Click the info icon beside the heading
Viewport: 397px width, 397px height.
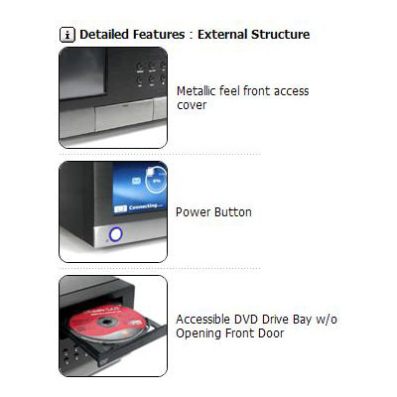click(x=67, y=35)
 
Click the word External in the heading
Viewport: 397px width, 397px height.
click(x=222, y=35)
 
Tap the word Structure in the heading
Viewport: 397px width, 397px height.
click(x=280, y=35)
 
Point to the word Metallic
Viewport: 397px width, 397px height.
click(x=196, y=91)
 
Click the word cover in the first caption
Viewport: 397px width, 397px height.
click(x=192, y=105)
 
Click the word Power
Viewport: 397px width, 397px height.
click(x=194, y=212)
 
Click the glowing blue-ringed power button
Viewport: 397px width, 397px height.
click(x=115, y=234)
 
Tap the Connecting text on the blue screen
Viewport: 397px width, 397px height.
click(x=143, y=206)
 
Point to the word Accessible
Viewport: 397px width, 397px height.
click(x=203, y=320)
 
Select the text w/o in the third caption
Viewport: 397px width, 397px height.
click(x=327, y=320)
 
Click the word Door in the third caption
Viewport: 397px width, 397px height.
click(x=271, y=333)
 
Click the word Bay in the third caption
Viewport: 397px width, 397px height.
click(x=302, y=320)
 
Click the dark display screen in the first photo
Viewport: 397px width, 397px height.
click(x=82, y=72)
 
